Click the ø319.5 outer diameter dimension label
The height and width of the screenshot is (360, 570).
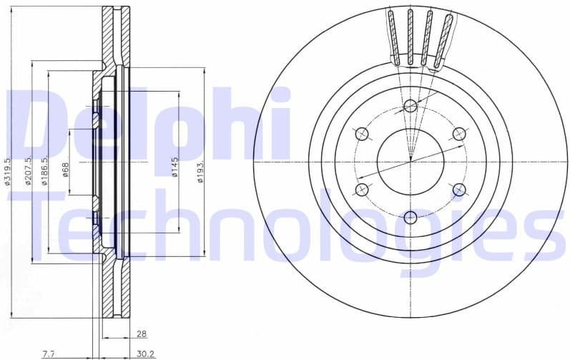click(6, 172)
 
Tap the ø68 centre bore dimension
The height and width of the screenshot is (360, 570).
click(65, 170)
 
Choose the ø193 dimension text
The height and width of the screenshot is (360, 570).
click(201, 170)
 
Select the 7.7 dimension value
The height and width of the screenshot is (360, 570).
click(49, 354)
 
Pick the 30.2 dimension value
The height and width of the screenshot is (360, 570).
click(145, 354)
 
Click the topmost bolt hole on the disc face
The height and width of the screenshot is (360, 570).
click(410, 107)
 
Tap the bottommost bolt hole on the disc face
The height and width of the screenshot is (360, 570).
click(410, 217)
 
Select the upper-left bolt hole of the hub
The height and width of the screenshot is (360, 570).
click(362, 134)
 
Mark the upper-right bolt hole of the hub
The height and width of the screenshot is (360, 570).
click(458, 134)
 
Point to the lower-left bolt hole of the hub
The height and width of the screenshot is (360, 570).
click(362, 190)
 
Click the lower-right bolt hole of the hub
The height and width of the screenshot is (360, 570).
click(458, 190)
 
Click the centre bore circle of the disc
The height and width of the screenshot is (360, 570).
click(410, 162)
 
